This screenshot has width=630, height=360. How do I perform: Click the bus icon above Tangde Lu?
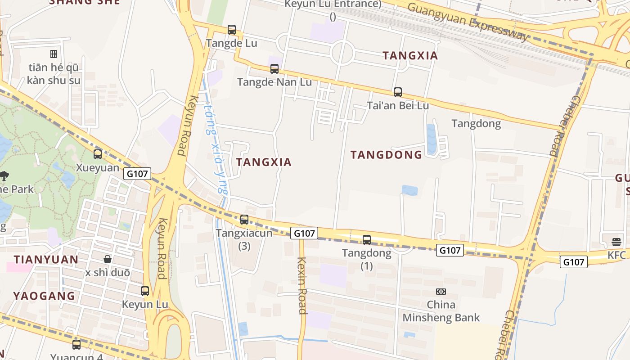232,30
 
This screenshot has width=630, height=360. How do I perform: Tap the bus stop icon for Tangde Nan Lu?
274,69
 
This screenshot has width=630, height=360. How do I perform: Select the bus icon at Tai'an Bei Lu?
398,92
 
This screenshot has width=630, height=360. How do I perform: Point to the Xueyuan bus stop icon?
98,154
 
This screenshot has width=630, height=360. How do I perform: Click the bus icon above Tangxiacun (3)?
244,220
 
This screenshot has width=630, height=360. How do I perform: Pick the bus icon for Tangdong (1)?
367,240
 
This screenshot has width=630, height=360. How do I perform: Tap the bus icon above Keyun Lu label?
145,291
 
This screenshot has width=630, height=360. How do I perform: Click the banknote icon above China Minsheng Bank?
441,292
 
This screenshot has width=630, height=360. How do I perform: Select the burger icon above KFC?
616,242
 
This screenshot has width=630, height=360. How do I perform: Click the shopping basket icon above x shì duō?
108,259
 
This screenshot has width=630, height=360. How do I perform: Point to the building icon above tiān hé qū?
54,54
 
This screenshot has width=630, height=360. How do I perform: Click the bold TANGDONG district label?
387,155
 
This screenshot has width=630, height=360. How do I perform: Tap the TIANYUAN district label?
46,260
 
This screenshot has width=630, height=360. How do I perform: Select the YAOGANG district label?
44,296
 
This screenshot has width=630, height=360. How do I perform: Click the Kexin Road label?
302,285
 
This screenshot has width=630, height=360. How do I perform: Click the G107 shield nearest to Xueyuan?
138,174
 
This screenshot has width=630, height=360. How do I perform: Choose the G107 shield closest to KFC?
574,262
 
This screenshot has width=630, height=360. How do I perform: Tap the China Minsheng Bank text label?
441,311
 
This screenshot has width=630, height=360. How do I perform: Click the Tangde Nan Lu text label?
274,82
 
